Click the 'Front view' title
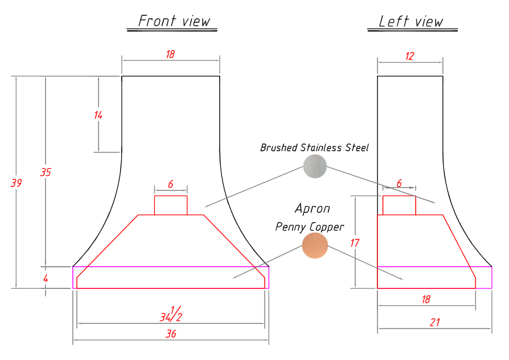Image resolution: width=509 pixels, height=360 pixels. [x=174, y=21]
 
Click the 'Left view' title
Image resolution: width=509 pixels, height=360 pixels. [x=411, y=22]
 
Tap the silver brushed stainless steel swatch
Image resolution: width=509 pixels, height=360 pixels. [x=314, y=166]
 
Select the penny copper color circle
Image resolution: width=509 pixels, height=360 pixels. [x=314, y=245]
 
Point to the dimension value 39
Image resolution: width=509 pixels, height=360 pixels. [x=16, y=183]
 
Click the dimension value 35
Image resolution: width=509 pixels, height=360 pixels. [x=45, y=172]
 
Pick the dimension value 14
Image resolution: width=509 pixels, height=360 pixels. [x=98, y=115]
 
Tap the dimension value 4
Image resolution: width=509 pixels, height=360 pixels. [x=45, y=278]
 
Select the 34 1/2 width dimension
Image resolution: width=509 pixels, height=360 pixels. [x=171, y=314]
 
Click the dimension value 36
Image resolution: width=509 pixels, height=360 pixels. [x=171, y=334]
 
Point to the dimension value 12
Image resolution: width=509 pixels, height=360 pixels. [x=409, y=56]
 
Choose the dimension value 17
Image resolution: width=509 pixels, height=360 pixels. [x=355, y=243]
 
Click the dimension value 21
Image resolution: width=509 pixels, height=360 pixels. [x=435, y=322]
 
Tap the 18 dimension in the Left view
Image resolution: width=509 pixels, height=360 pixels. [x=426, y=299]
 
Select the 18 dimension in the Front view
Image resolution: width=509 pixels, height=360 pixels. [x=171, y=54]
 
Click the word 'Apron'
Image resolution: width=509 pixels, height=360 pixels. [x=312, y=209]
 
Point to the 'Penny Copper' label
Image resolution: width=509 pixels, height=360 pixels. [x=309, y=227]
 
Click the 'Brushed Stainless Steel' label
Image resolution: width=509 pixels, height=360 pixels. [x=314, y=148]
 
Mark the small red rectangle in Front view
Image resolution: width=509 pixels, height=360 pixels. [x=171, y=205]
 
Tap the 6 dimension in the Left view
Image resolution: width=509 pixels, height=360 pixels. [x=400, y=183]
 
